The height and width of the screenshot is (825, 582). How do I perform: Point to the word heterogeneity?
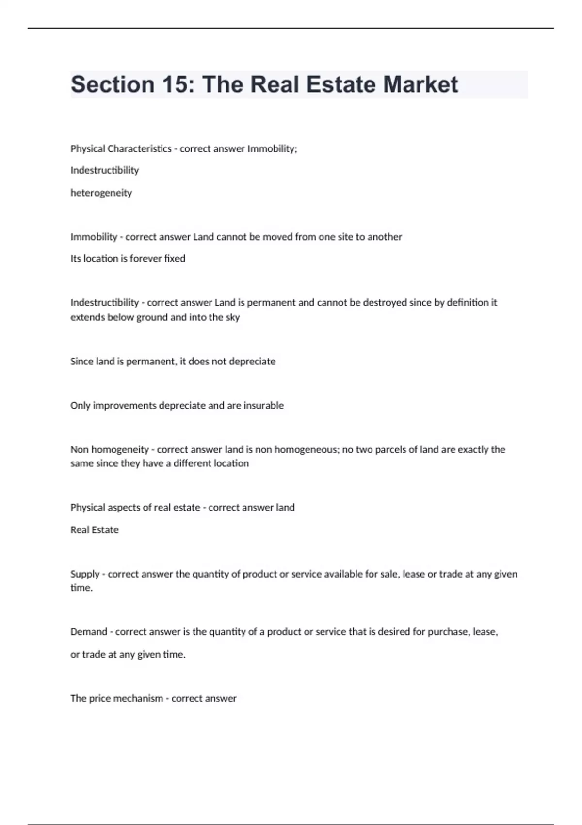click(x=101, y=193)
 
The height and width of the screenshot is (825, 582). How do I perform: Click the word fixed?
click(x=175, y=259)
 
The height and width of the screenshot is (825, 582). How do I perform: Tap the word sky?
click(x=233, y=317)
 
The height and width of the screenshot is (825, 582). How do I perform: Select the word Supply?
click(x=85, y=574)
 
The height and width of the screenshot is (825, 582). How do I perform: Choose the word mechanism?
click(x=138, y=699)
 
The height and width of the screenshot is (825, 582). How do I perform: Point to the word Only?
click(x=80, y=406)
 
